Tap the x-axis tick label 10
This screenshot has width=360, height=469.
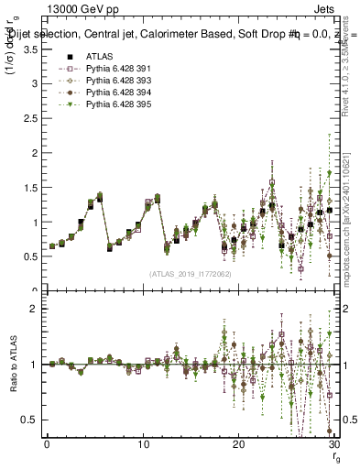pyautogui.click(x=143, y=444)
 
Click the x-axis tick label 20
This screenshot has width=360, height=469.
pyautogui.click(x=238, y=444)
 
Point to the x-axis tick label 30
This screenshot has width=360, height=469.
pyautogui.click(x=333, y=444)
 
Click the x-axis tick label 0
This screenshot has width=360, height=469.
pyautogui.click(x=48, y=444)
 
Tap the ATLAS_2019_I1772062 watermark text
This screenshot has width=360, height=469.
pyautogui.click(x=191, y=274)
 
